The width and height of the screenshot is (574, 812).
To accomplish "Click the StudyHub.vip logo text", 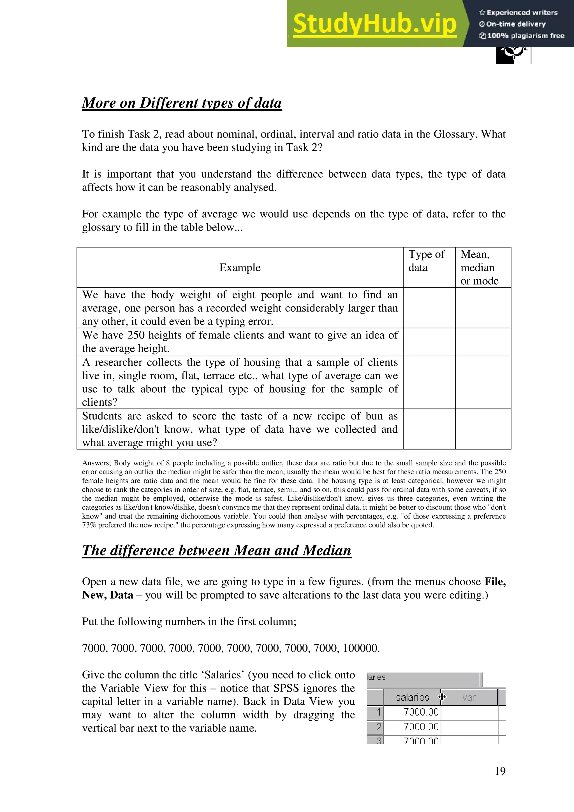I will pos(374,24).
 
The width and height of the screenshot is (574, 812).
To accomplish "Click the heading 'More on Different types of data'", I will pos(182,103).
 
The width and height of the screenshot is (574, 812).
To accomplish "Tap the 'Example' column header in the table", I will pos(240,267).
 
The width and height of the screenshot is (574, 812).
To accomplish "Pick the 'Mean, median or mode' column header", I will pos(479,267).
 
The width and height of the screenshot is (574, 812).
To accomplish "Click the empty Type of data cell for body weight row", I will pos(429,308).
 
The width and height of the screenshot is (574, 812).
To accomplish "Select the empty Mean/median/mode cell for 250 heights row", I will pos(483,342).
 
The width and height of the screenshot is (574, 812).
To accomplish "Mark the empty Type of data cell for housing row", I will pos(429,382).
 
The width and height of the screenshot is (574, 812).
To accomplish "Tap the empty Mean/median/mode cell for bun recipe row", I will pos(483,429).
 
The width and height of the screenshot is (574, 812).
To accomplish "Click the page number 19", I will pos(500,771).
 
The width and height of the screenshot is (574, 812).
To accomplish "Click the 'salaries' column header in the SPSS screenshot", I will pos(412,697).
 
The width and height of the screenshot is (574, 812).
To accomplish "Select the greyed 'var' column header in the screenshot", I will pos(469,697).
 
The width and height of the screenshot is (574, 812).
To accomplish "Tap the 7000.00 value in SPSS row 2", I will pos(421,727).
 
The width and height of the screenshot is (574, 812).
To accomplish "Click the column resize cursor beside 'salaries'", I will pos(442,697).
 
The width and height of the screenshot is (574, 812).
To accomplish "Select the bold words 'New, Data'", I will pos(108,595).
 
